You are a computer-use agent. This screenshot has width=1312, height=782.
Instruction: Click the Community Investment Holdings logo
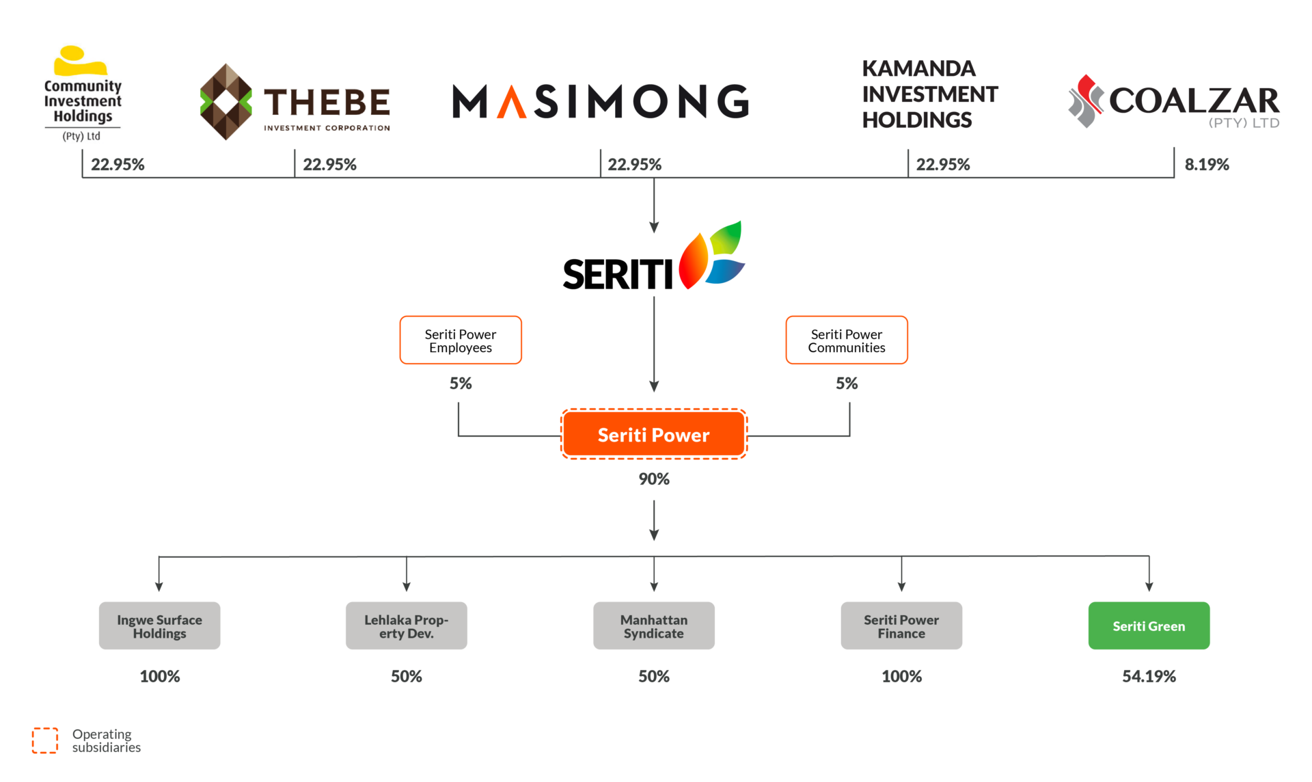tap(83, 94)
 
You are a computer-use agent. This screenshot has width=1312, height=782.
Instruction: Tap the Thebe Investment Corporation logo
tap(295, 102)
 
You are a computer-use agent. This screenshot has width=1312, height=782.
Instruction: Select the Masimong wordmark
tap(601, 102)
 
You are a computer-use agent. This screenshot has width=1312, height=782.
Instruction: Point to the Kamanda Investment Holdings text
tap(929, 94)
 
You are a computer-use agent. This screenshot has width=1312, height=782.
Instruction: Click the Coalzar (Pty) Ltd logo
tap(1173, 102)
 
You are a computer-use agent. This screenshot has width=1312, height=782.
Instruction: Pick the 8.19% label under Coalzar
tap(1207, 165)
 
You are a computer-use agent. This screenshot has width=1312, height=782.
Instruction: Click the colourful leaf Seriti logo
tap(711, 255)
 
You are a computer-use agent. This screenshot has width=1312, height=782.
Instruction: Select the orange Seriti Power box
tap(654, 435)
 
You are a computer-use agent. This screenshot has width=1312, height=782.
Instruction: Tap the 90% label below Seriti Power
tap(654, 479)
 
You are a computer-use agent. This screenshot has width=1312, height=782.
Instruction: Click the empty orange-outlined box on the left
tap(461, 340)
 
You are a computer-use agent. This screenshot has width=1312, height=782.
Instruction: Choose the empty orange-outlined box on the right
tap(847, 340)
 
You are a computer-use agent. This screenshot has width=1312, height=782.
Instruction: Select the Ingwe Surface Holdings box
tap(159, 625)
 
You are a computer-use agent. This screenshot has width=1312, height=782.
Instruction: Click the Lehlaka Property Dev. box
tap(407, 625)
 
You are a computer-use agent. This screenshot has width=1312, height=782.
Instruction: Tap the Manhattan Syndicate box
tap(654, 625)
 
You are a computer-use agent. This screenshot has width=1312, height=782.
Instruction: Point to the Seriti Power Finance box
tap(901, 625)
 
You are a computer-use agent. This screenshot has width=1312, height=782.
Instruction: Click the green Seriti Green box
tap(1149, 625)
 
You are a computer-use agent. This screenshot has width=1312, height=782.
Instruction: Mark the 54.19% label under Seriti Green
tap(1149, 677)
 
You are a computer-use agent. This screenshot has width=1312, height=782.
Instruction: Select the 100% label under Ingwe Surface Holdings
tap(159, 677)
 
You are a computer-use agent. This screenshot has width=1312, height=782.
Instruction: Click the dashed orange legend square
tap(45, 740)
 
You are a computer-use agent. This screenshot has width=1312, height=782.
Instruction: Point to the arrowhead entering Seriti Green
tap(1149, 586)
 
